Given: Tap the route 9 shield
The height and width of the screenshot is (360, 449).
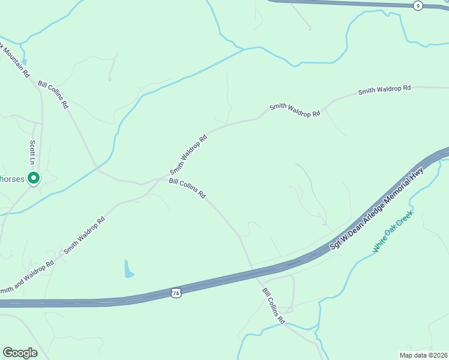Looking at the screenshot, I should coord(418,5).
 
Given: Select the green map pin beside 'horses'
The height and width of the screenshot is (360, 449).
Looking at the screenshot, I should coord(34,178).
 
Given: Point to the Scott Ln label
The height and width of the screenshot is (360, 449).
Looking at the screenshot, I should coord(32,152).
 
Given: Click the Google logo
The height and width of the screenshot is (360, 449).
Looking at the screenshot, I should coord(20,352).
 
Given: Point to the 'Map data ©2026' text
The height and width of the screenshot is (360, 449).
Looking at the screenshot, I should coord(423,355).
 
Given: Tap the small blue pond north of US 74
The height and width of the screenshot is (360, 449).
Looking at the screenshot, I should coord(128,269).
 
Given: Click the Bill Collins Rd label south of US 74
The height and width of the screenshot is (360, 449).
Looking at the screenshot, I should coord(273,306).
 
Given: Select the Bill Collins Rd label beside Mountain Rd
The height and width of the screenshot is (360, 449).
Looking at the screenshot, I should coord(53,95).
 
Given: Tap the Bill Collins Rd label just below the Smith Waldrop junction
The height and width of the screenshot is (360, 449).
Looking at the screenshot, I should coord(187,188).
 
